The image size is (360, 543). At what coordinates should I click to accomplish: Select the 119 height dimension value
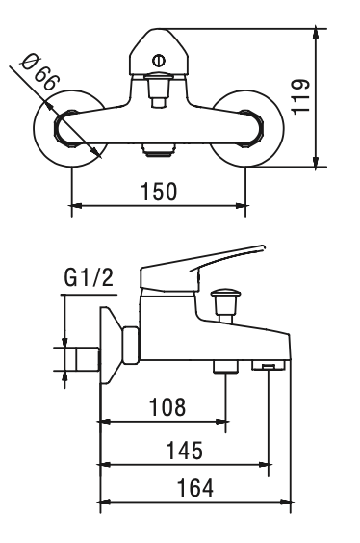(x=300, y=96)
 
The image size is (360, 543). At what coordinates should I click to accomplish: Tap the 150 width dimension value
(x=159, y=192)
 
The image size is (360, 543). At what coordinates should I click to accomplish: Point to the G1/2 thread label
(x=89, y=277)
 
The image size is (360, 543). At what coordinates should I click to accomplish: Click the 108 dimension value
(x=167, y=406)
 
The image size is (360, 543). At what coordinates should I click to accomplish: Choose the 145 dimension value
(x=185, y=451)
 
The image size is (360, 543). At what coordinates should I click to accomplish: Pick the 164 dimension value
(x=195, y=487)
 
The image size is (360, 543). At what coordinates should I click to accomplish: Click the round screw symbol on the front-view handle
(x=159, y=61)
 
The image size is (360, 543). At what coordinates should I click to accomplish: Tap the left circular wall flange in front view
(x=70, y=129)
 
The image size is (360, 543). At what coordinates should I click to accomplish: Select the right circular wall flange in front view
(x=247, y=129)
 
